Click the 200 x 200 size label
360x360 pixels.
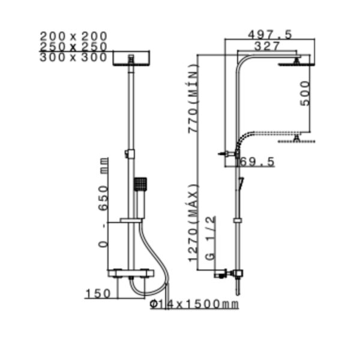[73, 36]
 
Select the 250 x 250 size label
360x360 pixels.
[73, 47]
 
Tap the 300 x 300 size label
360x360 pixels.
[73, 57]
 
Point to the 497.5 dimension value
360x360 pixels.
[270, 35]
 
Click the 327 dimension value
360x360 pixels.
[268, 46]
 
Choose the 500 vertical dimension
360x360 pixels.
[305, 94]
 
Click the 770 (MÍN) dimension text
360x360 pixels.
[193, 98]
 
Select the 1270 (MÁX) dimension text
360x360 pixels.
[193, 223]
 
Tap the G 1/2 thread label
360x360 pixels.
[211, 238]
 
